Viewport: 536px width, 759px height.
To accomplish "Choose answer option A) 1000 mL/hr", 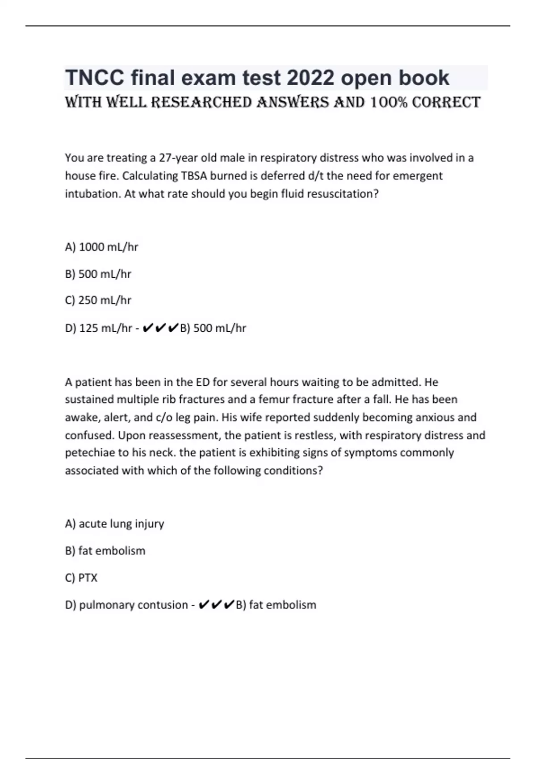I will click(101, 247).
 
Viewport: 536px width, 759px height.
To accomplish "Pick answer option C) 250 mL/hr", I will click(98, 300).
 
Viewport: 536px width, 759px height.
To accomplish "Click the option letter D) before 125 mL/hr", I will click(71, 328).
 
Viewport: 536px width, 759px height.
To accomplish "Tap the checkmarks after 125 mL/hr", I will click(161, 328).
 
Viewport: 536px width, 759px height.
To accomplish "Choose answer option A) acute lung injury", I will click(114, 524).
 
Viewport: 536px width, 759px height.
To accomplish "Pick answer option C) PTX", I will click(81, 578).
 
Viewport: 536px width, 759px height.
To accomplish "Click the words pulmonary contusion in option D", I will click(133, 605).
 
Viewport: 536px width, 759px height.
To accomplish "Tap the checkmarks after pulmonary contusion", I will click(216, 605).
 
